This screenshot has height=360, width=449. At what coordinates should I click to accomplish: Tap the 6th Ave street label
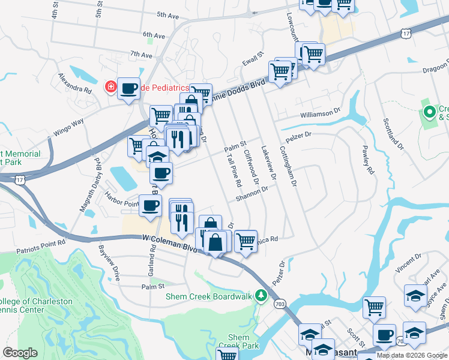(154, 36)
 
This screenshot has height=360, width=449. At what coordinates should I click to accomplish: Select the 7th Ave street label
(142, 55)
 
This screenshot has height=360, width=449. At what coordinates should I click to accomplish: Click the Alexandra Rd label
(74, 83)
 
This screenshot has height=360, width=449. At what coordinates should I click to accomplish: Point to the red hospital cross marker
(110, 88)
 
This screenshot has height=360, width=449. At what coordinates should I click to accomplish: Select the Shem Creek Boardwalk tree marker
(261, 295)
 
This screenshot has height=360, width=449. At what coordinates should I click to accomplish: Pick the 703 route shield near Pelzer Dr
(280, 304)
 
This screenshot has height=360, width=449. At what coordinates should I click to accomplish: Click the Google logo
(20, 353)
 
